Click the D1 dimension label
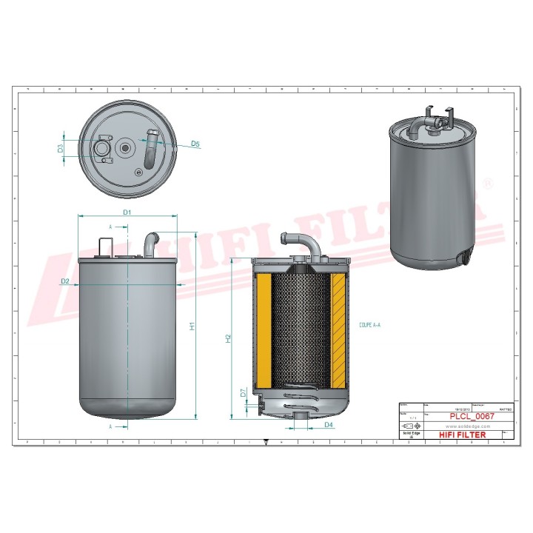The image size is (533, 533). point(127,212)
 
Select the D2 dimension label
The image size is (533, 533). point(65,281)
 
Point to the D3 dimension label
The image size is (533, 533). point(61,148)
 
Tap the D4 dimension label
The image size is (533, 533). point(329,425)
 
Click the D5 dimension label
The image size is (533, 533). point(195,144)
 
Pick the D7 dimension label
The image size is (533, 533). point(244,394)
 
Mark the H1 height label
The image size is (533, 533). point(192,326)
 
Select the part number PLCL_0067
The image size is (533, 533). point(472,417)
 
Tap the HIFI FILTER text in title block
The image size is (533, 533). point(463,435)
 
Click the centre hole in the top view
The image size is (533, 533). point(125,149)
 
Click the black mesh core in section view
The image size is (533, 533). point(299,326)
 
